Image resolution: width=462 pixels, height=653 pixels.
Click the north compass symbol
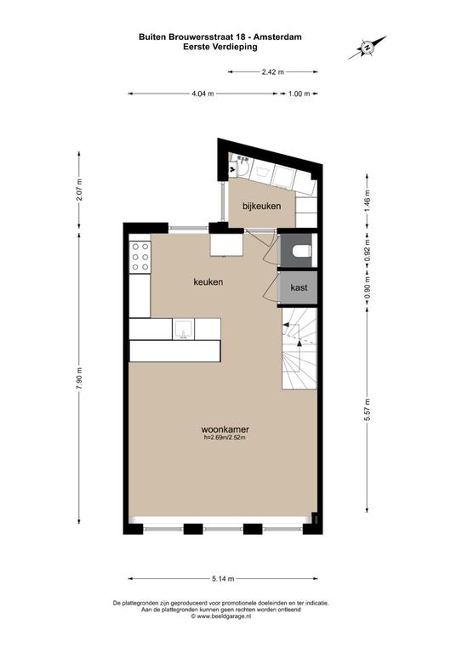pos(367,48)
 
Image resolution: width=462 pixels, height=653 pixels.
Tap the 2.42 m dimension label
pos(273,72)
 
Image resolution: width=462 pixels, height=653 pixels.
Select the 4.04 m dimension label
pos(202,94)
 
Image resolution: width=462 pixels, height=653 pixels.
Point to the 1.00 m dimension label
pos(299,94)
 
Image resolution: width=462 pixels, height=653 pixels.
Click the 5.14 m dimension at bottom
pos(223,578)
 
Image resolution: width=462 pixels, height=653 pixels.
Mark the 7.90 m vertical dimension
pos(79,378)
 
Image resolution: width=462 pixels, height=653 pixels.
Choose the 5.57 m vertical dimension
pos(367,410)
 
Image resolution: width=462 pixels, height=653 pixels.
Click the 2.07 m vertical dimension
pos(79,190)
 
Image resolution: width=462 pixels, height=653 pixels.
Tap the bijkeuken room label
pos(261,206)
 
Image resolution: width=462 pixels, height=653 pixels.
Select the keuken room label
pos(208,282)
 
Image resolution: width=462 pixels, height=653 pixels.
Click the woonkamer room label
pos(225,429)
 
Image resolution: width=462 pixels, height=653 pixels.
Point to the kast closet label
pos(299,287)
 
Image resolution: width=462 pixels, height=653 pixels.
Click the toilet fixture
pos(301,251)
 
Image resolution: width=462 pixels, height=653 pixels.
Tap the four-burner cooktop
pos(140,257)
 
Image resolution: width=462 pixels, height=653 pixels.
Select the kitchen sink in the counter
pos(183,329)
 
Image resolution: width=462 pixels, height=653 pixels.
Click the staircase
pos(299,349)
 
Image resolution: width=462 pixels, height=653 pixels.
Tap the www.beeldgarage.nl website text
pos(224,616)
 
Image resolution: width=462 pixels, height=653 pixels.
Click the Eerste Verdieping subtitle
pos(220,47)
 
